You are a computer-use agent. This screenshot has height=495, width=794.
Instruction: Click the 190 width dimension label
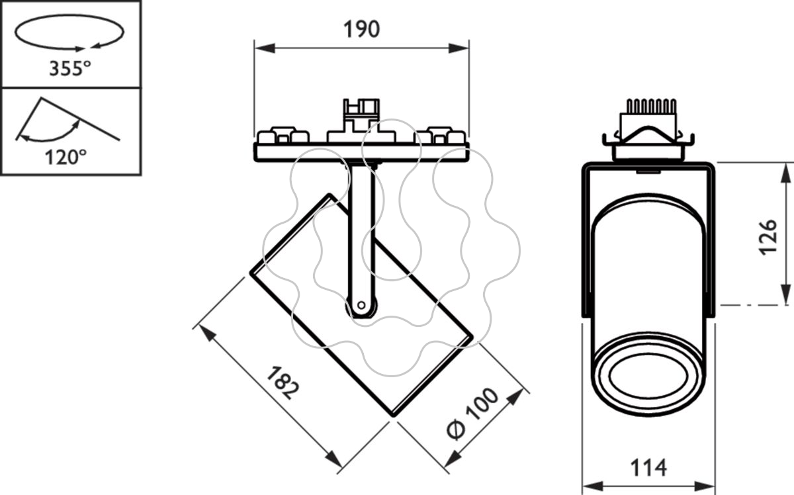click(361, 29)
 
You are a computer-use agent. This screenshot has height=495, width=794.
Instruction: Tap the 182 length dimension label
click(283, 383)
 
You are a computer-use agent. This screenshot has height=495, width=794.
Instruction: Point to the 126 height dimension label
click(768, 237)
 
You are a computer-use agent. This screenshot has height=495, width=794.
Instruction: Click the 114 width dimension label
click(648, 467)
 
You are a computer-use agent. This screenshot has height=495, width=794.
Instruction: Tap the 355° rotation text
click(70, 68)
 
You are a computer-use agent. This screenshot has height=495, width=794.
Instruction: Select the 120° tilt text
click(66, 157)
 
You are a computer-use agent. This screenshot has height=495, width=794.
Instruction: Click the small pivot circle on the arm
click(361, 305)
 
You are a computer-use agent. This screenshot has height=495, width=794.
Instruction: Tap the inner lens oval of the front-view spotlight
click(648, 377)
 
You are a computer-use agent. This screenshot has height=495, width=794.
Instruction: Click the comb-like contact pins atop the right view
click(651, 107)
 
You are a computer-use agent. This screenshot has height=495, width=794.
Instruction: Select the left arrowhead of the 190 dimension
click(265, 48)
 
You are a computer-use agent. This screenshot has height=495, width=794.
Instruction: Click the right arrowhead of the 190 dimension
click(459, 48)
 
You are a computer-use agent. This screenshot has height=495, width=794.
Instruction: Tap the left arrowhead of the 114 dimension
click(593, 486)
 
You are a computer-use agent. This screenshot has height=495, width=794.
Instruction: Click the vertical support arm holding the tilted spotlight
click(361, 241)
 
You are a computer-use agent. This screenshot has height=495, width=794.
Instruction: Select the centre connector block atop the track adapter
click(361, 120)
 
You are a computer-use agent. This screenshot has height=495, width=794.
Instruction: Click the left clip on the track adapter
click(283, 135)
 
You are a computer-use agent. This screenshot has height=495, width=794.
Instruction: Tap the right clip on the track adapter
click(439, 135)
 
